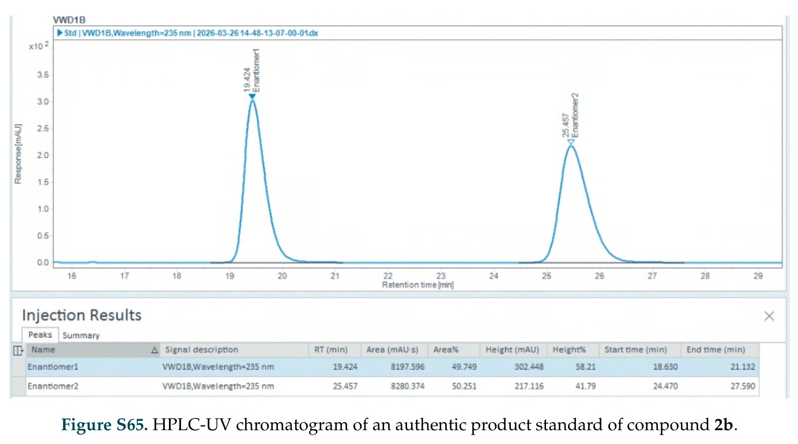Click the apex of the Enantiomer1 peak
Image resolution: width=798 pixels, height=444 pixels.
253,101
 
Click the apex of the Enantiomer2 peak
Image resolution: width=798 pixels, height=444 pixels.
571,146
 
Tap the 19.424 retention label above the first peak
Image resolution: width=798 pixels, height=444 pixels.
247,79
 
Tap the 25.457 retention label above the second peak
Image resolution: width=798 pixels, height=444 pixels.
566,125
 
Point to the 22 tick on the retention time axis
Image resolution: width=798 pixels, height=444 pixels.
387,276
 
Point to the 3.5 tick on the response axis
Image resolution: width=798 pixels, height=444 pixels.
43,75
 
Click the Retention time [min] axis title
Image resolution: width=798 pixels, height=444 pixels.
418,285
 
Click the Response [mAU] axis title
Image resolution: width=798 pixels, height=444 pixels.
18,154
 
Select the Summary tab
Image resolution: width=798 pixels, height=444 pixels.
81,336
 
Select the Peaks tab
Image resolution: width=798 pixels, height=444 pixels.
40,335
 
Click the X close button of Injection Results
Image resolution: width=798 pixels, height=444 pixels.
769,316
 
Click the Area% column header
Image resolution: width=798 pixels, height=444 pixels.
446,350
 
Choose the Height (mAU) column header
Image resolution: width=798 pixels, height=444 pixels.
512,350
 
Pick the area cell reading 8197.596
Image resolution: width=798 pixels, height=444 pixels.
408,367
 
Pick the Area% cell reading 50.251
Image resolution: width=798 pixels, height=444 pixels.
464,386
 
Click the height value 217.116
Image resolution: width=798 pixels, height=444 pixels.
529,386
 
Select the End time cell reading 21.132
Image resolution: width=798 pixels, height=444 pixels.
743,367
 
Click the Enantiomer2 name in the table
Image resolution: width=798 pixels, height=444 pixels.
52,386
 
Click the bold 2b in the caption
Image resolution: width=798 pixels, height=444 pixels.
724,425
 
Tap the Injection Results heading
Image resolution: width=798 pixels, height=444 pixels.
81,315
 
